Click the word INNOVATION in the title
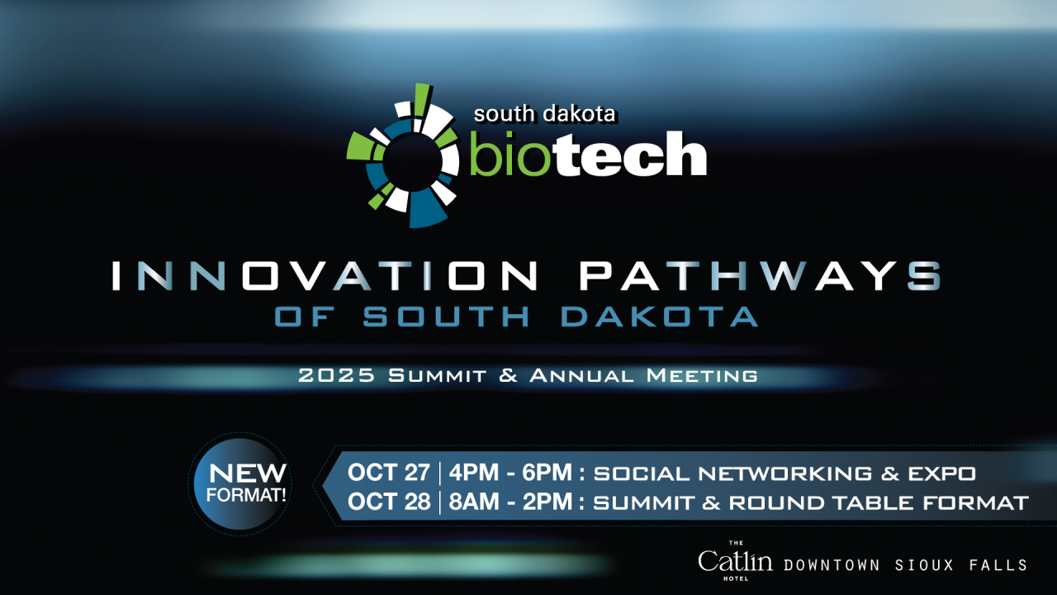[325, 275]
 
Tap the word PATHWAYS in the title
[761, 275]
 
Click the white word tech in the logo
[629, 154]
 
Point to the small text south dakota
[544, 114]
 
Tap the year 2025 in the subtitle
[337, 376]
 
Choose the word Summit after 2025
[438, 376]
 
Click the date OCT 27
[389, 473]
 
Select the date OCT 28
[389, 502]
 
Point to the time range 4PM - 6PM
[510, 473]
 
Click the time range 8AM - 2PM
[510, 502]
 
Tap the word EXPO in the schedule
[942, 474]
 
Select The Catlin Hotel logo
[735, 561]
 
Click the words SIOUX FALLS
[961, 565]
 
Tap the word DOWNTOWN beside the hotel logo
[832, 565]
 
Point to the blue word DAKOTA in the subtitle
[660, 317]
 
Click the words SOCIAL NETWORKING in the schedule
[732, 474]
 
